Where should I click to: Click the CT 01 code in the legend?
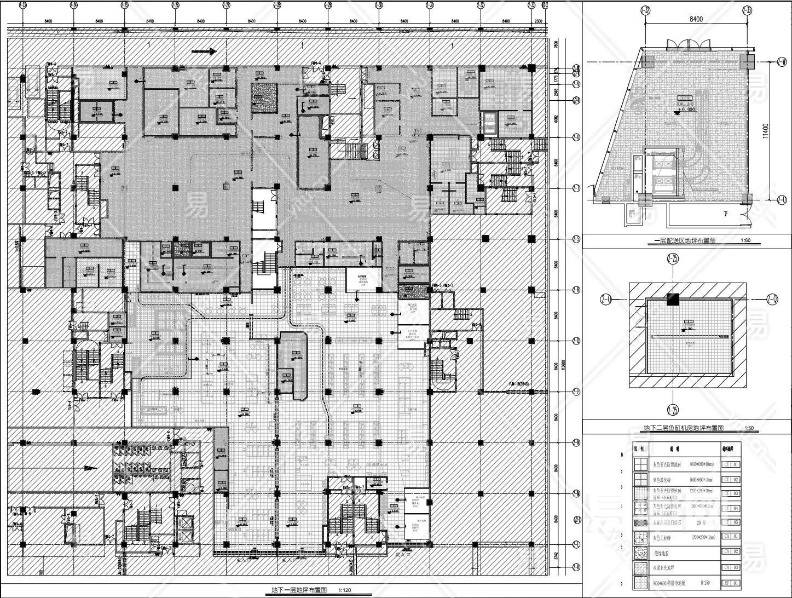tap(732, 464)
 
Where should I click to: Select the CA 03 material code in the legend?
tap(732, 568)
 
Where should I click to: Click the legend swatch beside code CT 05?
tap(638, 523)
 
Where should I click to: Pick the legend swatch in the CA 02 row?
tap(638, 553)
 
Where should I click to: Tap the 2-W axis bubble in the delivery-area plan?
tap(782, 63)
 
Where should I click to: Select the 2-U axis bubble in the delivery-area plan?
tap(782, 199)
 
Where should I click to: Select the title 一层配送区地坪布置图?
tap(685, 240)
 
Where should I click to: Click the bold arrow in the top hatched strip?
tap(204, 51)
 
